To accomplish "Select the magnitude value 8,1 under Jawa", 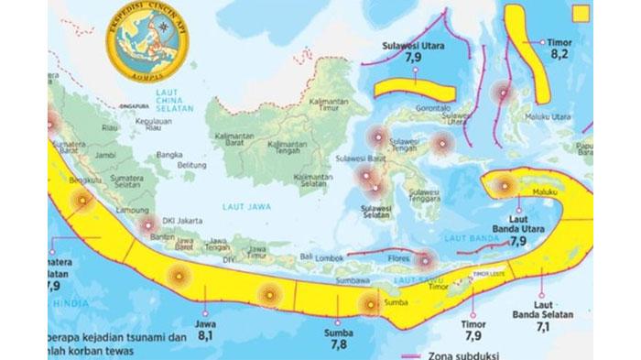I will (206, 337).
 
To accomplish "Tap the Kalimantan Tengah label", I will (288, 147).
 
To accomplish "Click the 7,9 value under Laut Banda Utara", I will (517, 242).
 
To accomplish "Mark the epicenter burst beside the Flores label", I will (425, 259).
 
